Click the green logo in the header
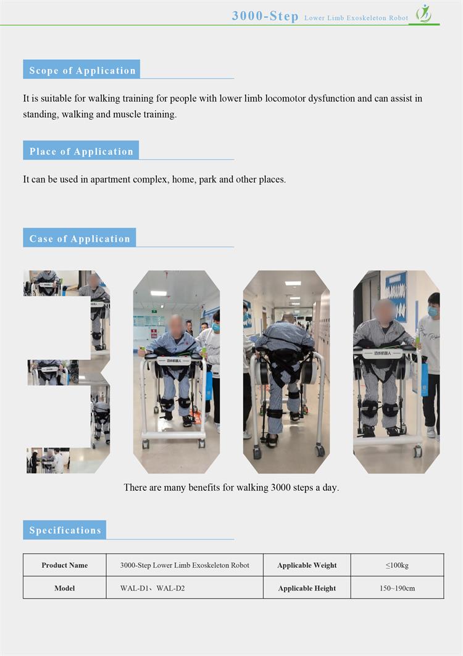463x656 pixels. click(423, 14)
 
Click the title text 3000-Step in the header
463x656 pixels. click(265, 16)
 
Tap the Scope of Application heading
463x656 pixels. click(81, 70)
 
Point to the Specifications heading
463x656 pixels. click(65, 530)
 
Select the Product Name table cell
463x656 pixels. click(65, 565)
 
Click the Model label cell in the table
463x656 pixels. click(65, 588)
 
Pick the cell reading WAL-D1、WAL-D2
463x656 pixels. click(185, 588)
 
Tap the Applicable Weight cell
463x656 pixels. click(307, 565)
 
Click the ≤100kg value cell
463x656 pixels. click(397, 565)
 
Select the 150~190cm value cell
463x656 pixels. click(397, 588)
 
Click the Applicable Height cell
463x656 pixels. click(307, 588)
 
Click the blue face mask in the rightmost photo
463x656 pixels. click(433, 311)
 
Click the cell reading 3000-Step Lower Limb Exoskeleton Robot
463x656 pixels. click(185, 565)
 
